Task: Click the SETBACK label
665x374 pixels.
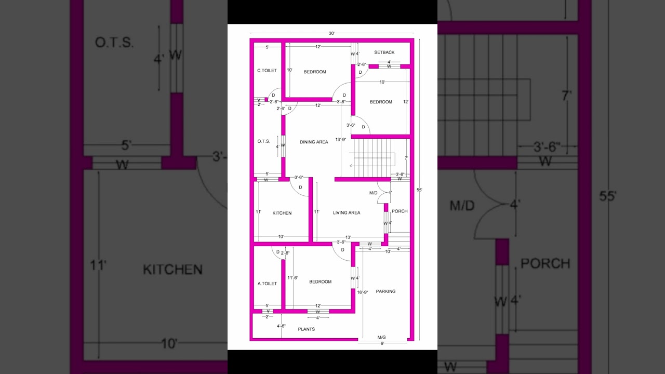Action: pyautogui.click(x=384, y=52)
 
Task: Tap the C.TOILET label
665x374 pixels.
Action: pyautogui.click(x=267, y=71)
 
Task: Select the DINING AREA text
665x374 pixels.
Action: pyautogui.click(x=314, y=142)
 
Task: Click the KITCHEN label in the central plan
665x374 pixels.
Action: pyautogui.click(x=282, y=213)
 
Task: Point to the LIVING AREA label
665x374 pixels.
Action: pyautogui.click(x=347, y=212)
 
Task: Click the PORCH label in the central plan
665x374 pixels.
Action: pyautogui.click(x=400, y=211)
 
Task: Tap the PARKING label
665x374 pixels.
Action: pyautogui.click(x=385, y=291)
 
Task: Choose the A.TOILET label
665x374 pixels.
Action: pyautogui.click(x=267, y=284)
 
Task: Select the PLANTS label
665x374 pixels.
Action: pyautogui.click(x=306, y=329)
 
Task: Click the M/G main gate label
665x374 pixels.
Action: pyautogui.click(x=381, y=337)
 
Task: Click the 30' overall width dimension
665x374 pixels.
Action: pyautogui.click(x=331, y=33)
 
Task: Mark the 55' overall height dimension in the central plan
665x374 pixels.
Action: pyautogui.click(x=419, y=190)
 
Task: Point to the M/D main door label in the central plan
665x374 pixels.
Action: pyautogui.click(x=374, y=193)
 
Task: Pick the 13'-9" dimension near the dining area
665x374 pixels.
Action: pyautogui.click(x=341, y=139)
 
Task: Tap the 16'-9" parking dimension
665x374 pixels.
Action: pyautogui.click(x=363, y=292)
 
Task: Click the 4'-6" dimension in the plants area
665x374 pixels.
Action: pyautogui.click(x=281, y=326)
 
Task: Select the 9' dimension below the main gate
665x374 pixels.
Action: pyautogui.click(x=382, y=343)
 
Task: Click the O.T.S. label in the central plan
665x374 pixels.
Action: pyautogui.click(x=263, y=141)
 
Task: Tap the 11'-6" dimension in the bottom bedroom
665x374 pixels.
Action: pyautogui.click(x=293, y=278)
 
